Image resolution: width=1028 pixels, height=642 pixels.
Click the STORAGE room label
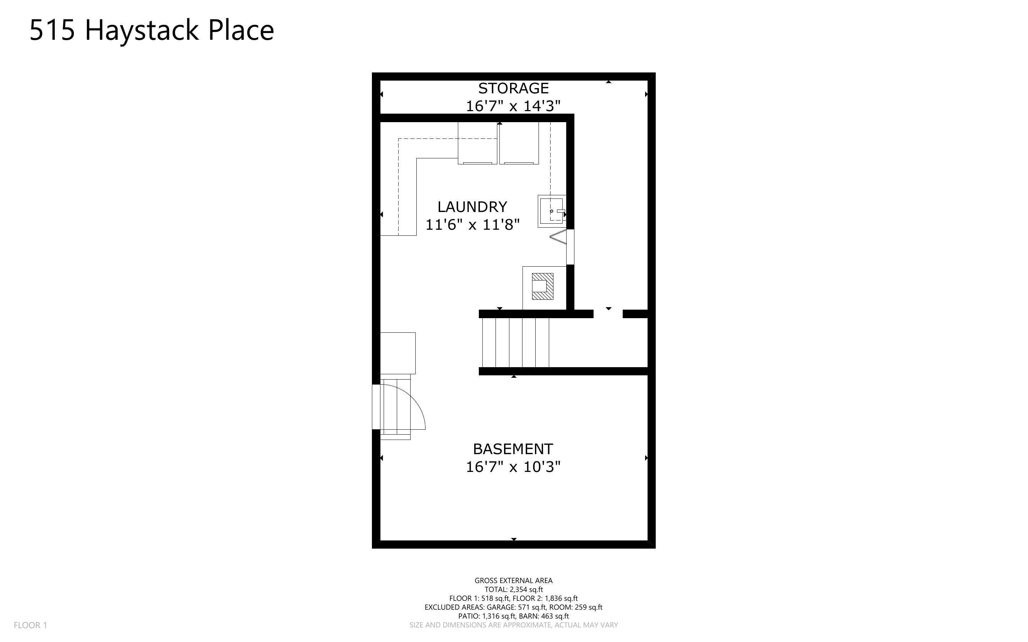point(513,88)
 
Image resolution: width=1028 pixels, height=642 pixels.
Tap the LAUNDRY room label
point(472,207)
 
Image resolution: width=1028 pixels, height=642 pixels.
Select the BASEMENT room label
point(513,449)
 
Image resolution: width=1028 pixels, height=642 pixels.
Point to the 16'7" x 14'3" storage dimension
point(513,106)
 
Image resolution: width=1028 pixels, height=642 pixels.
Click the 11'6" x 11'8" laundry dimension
point(472,225)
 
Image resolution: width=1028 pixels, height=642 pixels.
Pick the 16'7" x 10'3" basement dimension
point(513,467)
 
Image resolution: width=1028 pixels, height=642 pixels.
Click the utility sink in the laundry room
point(552,211)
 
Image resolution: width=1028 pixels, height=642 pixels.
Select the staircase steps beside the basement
point(515,342)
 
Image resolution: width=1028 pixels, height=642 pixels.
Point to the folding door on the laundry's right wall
point(559,236)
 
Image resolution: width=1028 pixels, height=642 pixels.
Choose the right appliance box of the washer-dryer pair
point(519,143)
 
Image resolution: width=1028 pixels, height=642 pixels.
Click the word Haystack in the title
point(142,31)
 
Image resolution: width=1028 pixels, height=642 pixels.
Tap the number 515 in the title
point(52,31)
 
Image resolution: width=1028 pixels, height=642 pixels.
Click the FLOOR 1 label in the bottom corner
point(30,625)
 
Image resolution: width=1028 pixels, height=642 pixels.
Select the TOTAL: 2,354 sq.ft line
point(513,589)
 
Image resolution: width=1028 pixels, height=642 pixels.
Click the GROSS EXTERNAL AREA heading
point(513,581)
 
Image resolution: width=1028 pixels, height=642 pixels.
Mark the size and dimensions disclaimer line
point(513,625)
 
